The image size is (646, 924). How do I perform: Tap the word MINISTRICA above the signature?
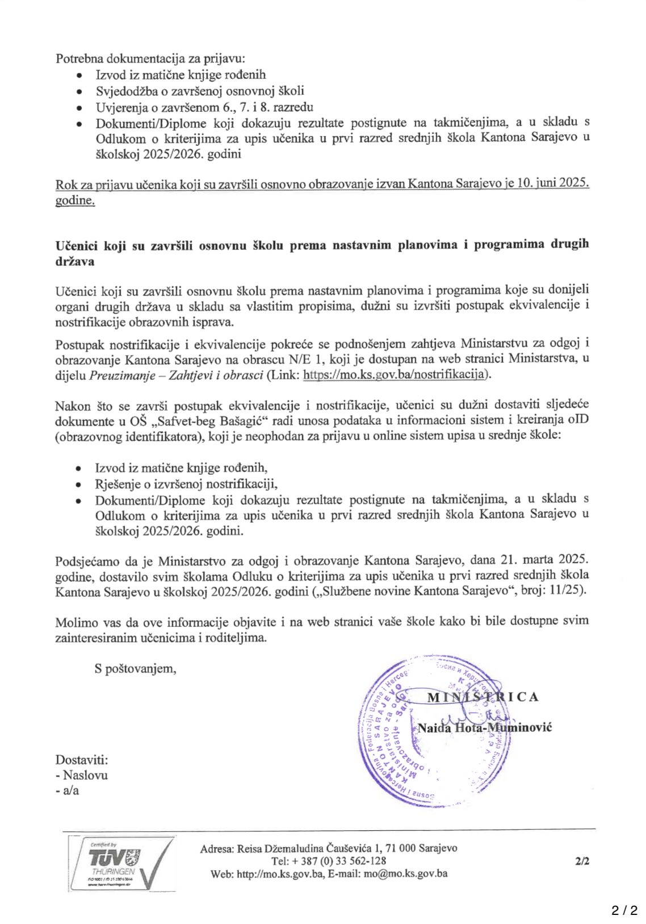(x=483, y=697)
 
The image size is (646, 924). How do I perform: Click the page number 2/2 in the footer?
(x=582, y=861)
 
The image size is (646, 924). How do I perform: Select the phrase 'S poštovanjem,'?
(x=136, y=668)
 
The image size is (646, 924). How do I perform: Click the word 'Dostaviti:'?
(x=81, y=760)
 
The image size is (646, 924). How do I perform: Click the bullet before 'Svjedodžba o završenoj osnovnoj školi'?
(x=81, y=91)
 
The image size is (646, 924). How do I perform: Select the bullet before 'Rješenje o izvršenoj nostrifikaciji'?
(x=81, y=484)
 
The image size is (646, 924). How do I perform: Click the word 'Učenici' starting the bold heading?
(x=77, y=245)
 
